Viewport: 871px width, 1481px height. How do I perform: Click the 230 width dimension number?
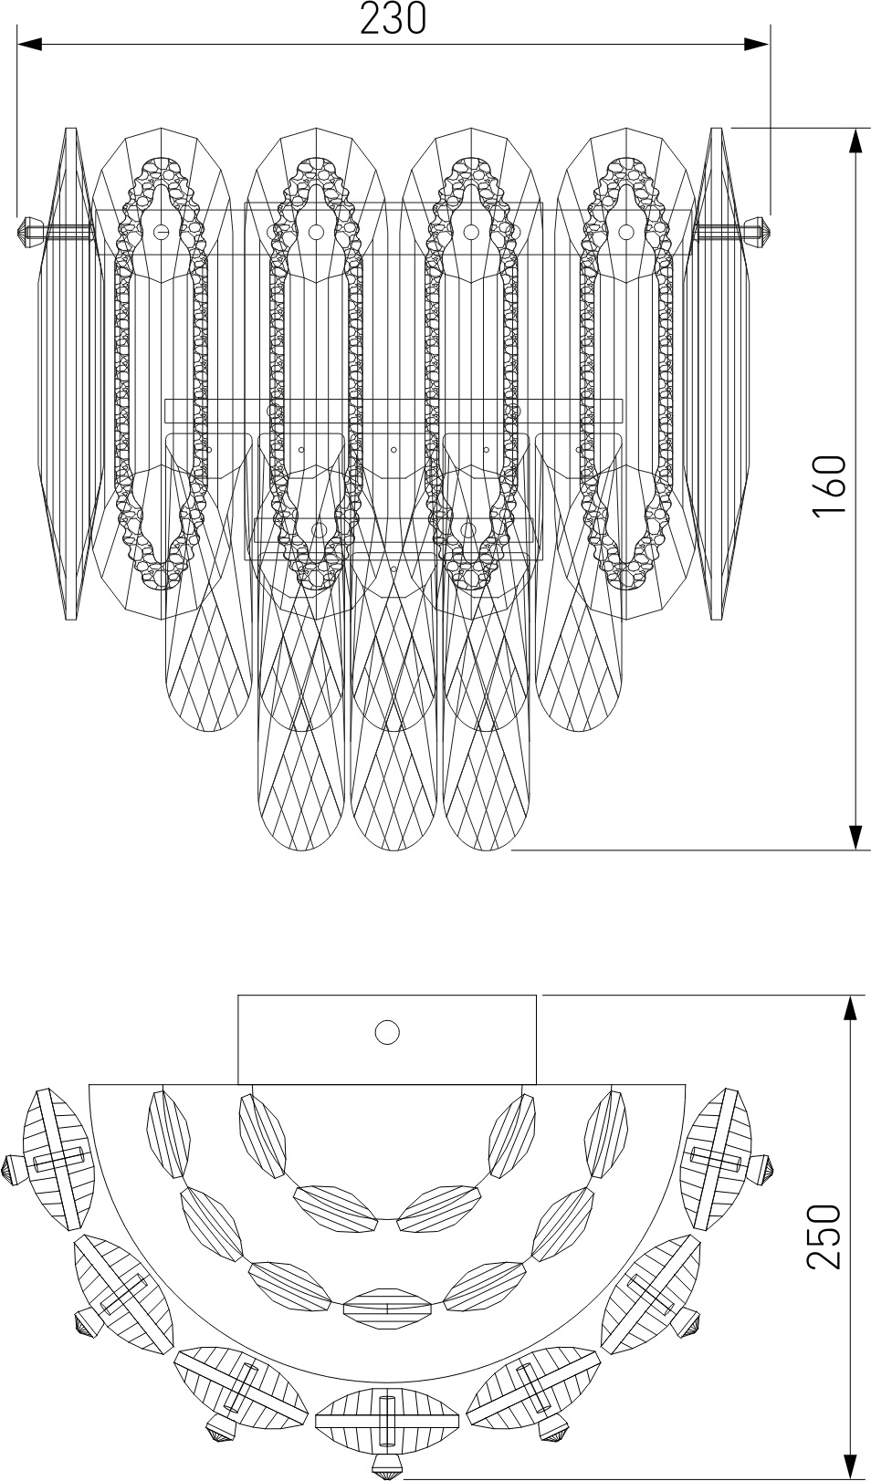(x=393, y=18)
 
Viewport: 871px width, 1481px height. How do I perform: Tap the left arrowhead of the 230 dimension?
(x=29, y=45)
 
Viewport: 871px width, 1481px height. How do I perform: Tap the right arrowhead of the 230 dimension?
(x=756, y=45)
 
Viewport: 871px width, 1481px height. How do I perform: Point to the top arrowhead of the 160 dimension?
(x=855, y=141)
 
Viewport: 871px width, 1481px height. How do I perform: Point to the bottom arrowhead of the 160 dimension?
(x=855, y=837)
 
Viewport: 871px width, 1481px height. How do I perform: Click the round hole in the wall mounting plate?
(x=386, y=1031)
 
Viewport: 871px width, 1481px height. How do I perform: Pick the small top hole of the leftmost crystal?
(x=160, y=232)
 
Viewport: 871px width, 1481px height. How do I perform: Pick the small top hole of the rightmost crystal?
(x=625, y=232)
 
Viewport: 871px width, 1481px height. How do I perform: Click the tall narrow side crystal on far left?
(x=71, y=373)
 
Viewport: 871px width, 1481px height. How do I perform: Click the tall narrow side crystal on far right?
(x=716, y=373)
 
